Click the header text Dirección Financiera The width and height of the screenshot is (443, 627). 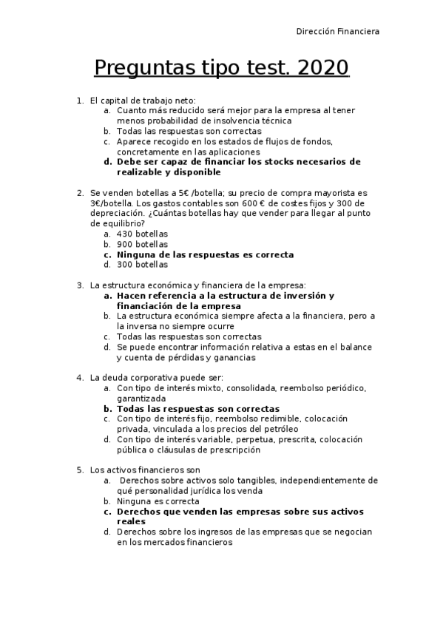(x=338, y=32)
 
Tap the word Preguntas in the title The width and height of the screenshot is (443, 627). (x=145, y=69)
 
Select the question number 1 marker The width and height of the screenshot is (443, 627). (x=80, y=100)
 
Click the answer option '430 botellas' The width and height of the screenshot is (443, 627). (x=142, y=234)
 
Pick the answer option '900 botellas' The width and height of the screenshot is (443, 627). (x=142, y=244)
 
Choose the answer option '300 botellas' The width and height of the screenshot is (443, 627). (x=142, y=265)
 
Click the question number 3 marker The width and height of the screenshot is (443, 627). (x=80, y=285)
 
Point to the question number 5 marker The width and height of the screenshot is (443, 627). (x=80, y=470)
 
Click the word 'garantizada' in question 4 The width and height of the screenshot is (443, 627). (x=141, y=398)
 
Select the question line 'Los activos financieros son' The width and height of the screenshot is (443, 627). (x=145, y=470)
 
